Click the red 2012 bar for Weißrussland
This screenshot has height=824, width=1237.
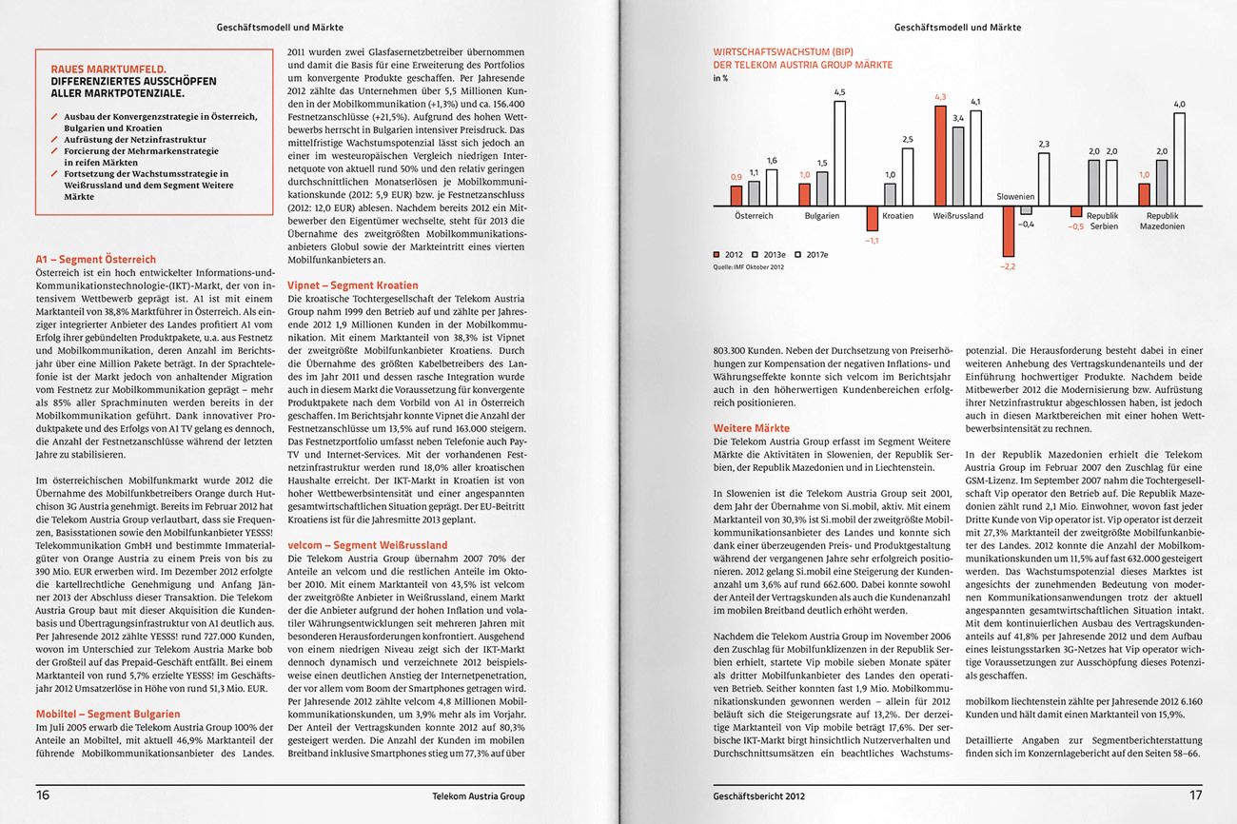(x=940, y=156)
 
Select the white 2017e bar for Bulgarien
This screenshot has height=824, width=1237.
(x=839, y=153)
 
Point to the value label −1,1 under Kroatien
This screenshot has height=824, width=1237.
(x=872, y=241)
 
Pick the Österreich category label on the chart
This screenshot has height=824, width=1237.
(x=754, y=216)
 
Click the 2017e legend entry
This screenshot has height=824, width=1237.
(x=813, y=255)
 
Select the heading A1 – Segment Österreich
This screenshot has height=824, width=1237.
(x=95, y=259)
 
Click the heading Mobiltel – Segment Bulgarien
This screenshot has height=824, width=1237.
(x=107, y=714)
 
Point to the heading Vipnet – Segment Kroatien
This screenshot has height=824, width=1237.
(x=352, y=285)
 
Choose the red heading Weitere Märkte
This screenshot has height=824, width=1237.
(x=751, y=429)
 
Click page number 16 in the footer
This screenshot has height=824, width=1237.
(x=43, y=795)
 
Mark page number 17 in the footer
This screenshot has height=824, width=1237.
(x=1195, y=795)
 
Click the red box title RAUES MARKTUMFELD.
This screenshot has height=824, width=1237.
(x=108, y=69)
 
